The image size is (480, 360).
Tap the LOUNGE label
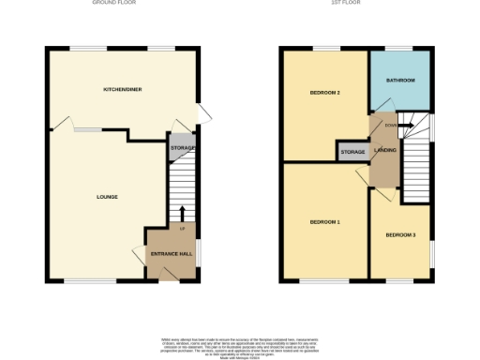tap(107, 197)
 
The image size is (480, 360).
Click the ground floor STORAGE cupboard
tap(183, 148)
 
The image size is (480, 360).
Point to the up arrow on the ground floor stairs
tap(183, 214)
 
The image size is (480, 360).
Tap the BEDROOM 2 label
tap(325, 93)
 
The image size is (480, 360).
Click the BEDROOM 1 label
tap(324, 222)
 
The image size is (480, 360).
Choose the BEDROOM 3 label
tap(400, 234)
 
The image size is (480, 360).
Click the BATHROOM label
tap(401, 81)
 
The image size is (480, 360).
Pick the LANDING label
tap(384, 150)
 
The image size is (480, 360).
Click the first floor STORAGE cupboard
tap(352, 152)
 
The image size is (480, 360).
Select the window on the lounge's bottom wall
tap(90, 280)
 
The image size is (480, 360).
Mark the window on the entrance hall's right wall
tap(199, 251)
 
